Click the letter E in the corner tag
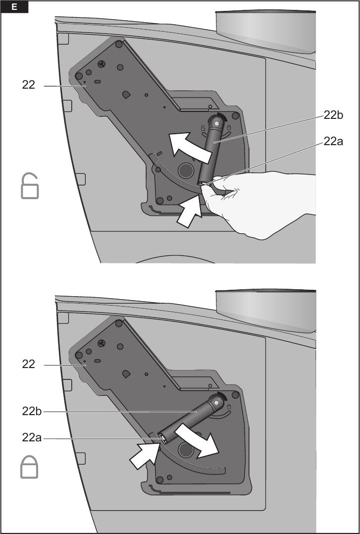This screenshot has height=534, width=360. tap(14, 7)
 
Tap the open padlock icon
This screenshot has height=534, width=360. tap(30, 186)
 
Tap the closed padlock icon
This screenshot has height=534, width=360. tap(29, 467)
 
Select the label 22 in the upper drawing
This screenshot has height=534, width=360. tap(29, 85)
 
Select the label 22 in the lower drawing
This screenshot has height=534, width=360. tap(29, 364)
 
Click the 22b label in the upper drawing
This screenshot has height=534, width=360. tap(333, 115)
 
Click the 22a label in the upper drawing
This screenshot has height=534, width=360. tap(333, 141)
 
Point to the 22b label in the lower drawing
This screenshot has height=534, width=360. tap(32, 411)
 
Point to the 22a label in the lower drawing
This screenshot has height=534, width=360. tap(32, 437)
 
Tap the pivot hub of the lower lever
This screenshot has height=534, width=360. tap(215, 402)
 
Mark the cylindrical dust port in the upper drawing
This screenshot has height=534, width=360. tap(265, 31)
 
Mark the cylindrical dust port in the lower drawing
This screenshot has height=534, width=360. tap(265, 311)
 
